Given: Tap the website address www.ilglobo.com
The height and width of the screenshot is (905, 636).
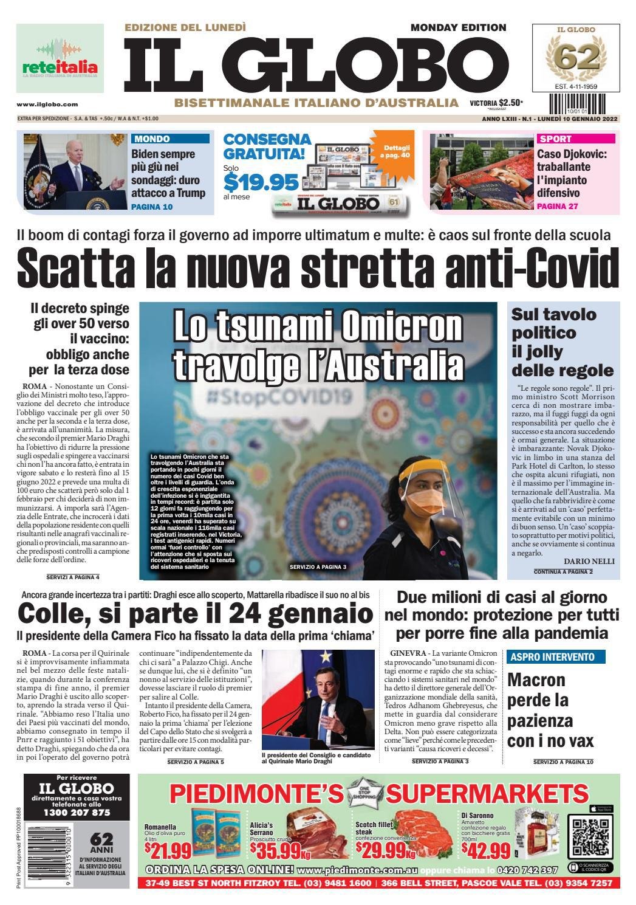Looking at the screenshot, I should [47, 105].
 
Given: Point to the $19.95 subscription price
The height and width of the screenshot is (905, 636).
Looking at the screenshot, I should [261, 181].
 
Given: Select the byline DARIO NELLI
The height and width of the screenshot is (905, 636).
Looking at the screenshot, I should [589, 561].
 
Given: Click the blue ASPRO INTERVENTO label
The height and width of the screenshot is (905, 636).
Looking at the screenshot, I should [552, 656].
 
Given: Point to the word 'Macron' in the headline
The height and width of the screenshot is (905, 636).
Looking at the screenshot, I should [536, 680].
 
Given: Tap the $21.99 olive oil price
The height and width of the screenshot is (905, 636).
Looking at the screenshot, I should [168, 848].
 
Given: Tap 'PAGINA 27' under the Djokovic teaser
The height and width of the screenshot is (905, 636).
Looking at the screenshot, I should [557, 207].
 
